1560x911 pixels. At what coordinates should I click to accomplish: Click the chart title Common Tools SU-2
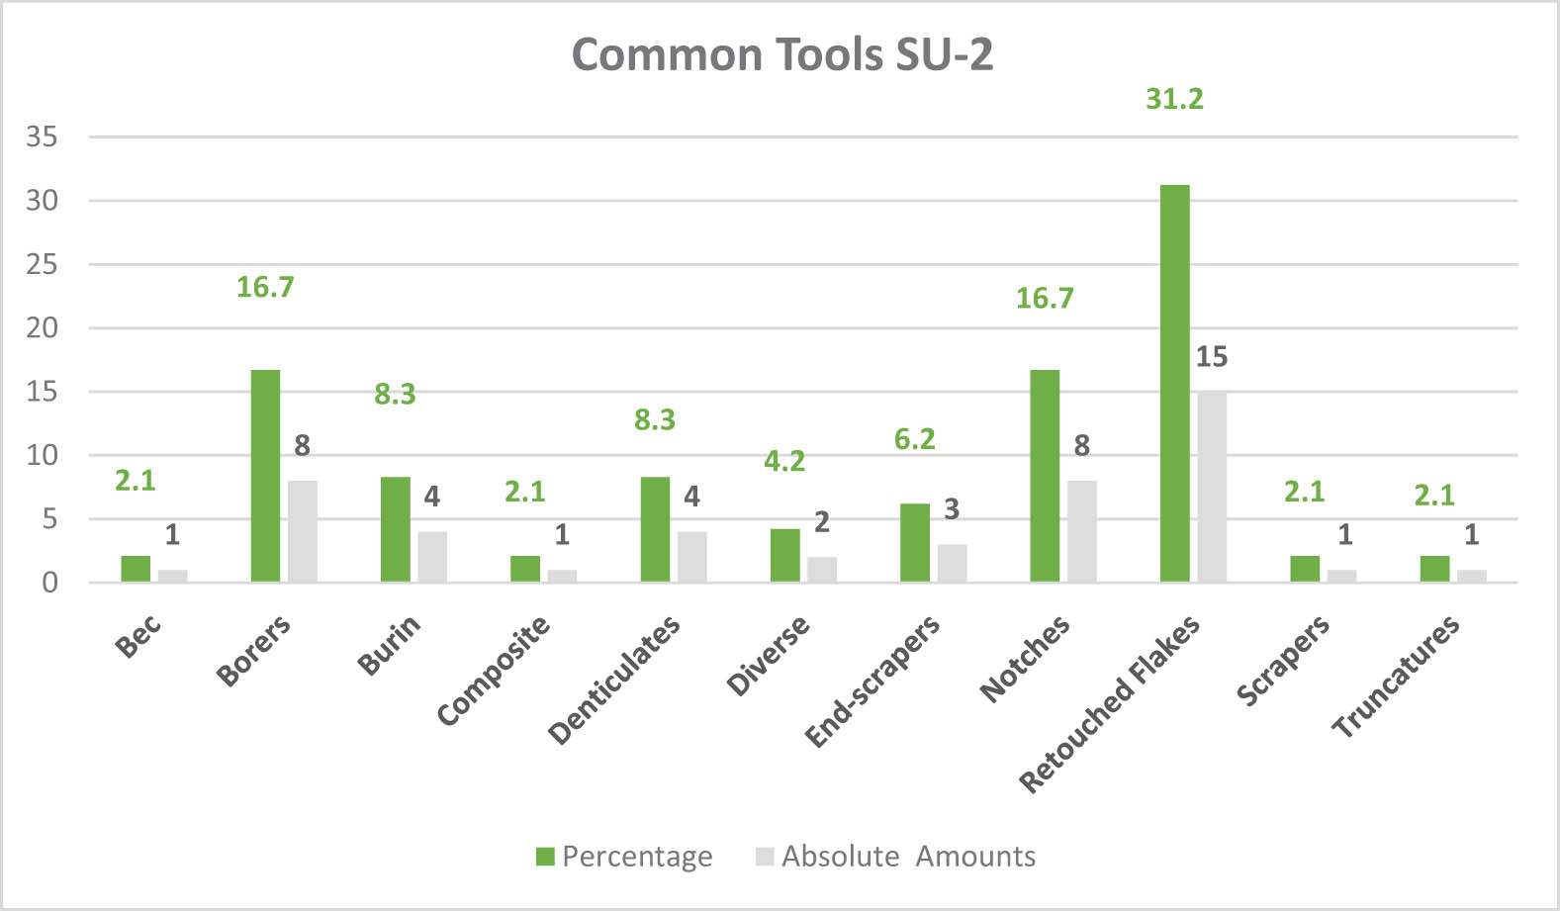point(781,54)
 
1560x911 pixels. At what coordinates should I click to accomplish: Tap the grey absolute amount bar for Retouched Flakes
point(1212,487)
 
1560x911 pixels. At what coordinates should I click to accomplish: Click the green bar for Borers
point(265,476)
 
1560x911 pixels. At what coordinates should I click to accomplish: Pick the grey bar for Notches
point(1081,531)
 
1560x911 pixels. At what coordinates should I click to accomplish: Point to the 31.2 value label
point(1174,99)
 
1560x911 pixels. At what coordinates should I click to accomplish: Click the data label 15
point(1211,357)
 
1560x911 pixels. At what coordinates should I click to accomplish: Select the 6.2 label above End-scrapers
point(914,439)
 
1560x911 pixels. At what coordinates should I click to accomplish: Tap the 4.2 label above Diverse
point(784,461)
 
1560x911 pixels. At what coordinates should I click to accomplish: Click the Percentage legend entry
point(625,857)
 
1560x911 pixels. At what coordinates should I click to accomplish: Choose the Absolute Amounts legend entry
point(896,857)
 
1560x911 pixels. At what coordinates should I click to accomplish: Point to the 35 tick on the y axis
point(42,137)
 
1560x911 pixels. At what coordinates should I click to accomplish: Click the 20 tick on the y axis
point(42,328)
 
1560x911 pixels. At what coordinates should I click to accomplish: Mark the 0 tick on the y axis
point(49,583)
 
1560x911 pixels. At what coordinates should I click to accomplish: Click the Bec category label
point(138,635)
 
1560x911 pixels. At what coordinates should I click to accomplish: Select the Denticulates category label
point(614,679)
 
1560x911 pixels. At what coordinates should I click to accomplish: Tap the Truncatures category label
point(1395,676)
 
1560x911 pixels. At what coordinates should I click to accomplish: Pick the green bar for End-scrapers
point(915,543)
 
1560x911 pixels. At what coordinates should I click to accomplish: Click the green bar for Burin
point(395,529)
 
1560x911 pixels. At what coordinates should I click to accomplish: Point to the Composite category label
point(493,670)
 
